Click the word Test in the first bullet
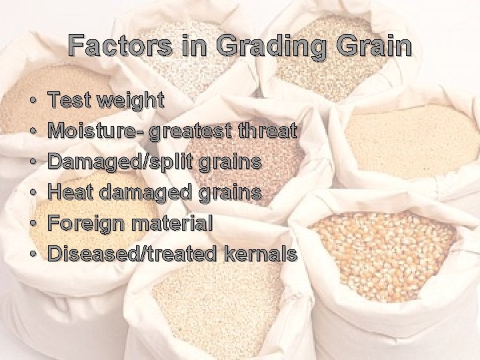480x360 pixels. click(70, 101)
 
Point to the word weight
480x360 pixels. click(131, 102)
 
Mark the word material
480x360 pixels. click(172, 223)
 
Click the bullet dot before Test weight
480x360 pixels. click(33, 102)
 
